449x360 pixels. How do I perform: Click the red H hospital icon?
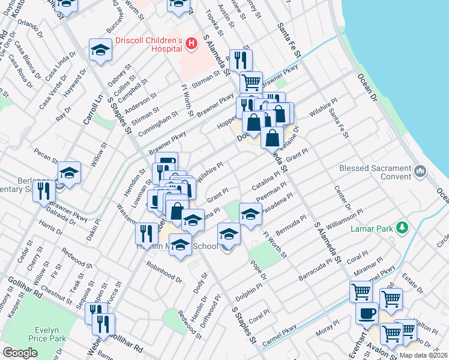pyautogui.click(x=191, y=43)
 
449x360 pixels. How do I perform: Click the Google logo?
pyautogui.click(x=20, y=353)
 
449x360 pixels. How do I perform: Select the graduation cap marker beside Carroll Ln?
pyautogui.click(x=100, y=50)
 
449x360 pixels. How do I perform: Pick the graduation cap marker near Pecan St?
pyautogui.click(x=70, y=174)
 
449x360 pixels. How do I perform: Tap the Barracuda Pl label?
pyautogui.click(x=315, y=271)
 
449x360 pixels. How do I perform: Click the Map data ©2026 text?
pyautogui.click(x=423, y=355)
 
